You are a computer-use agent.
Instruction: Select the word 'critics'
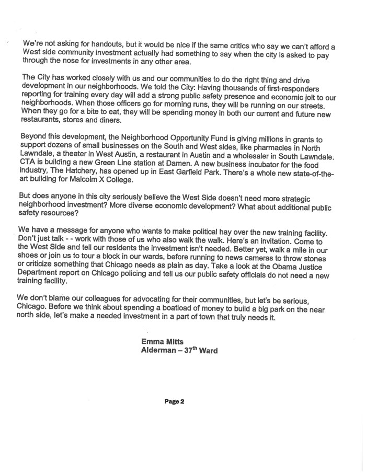pos(236,44)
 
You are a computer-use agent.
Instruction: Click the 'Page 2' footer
pos(175,402)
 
